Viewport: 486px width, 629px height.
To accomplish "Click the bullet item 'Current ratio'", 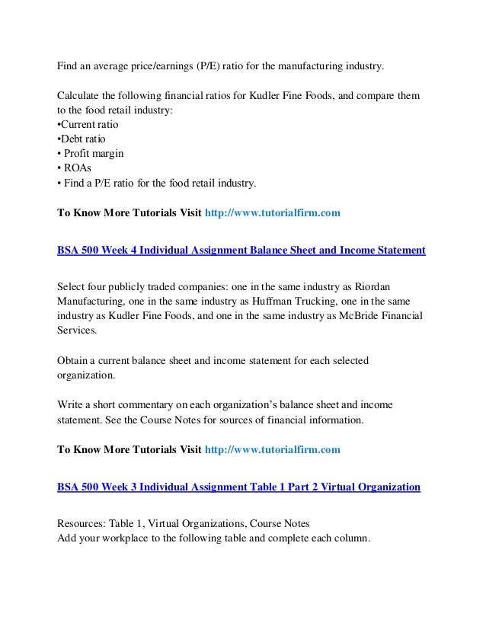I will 89,125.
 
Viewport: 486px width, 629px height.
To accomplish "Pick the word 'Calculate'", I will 78,96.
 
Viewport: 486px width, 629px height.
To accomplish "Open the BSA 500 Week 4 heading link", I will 241,249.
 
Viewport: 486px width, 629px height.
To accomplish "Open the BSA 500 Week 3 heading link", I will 238,485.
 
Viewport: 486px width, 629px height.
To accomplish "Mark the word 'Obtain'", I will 74,359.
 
